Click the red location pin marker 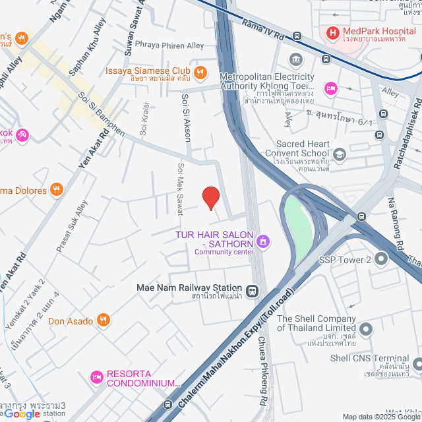[210, 197]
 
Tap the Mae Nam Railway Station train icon [252, 291]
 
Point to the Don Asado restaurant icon [103, 321]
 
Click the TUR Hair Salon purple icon [263, 241]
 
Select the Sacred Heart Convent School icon [339, 154]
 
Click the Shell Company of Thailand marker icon [367, 328]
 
